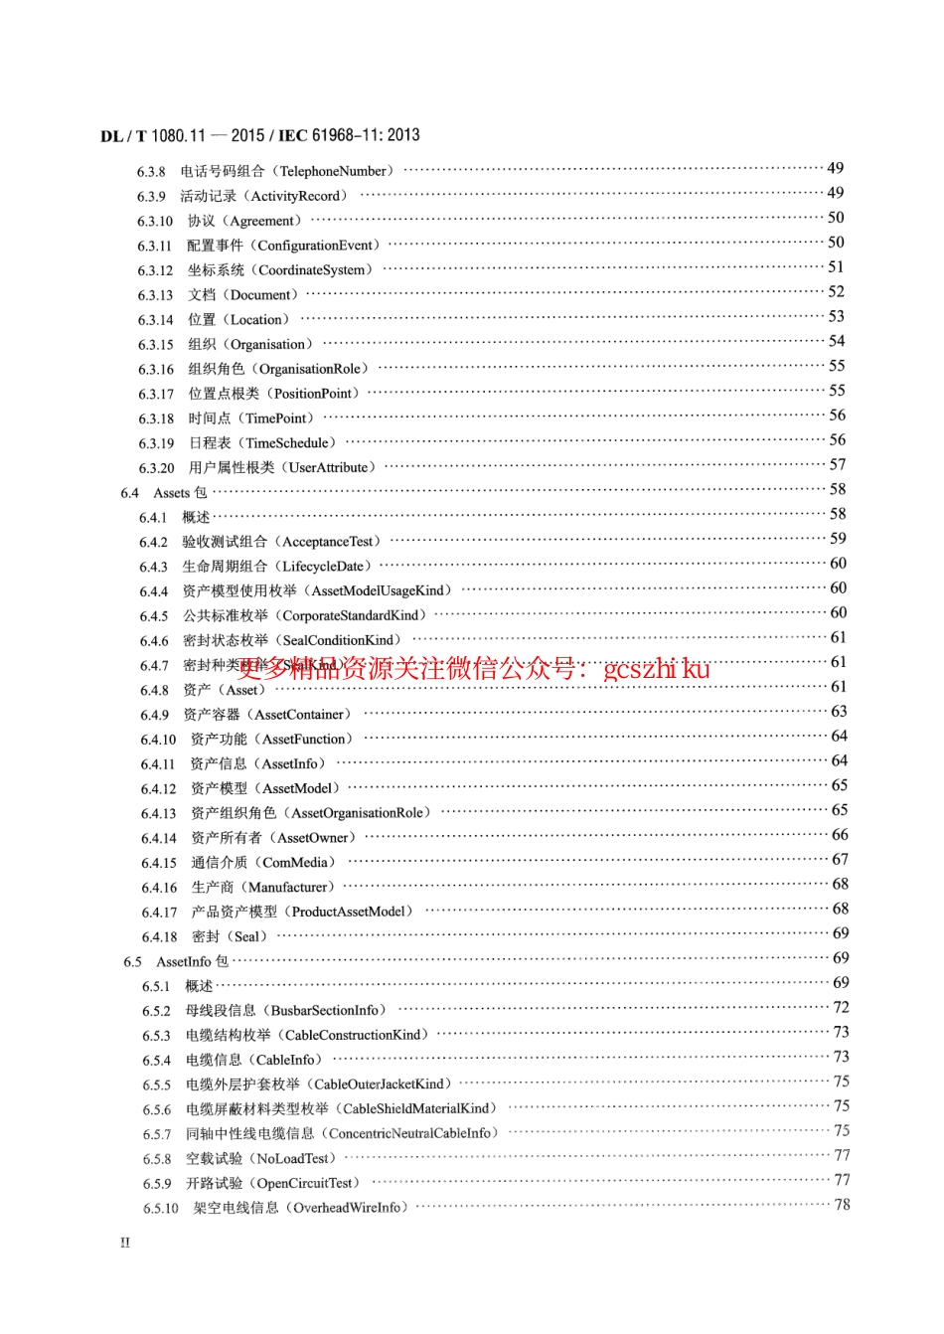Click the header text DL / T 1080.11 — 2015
point(183,135)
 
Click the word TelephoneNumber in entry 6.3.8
point(336,171)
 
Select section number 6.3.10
point(155,221)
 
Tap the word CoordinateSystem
point(315,269)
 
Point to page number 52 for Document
point(836,291)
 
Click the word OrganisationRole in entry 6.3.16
point(310,369)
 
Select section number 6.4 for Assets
point(130,492)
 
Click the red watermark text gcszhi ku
point(657,668)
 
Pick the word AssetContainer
point(300,714)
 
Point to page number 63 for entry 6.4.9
point(839,711)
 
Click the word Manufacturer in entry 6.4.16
point(288,887)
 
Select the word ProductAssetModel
point(349,911)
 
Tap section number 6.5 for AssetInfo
point(133,961)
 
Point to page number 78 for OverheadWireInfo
point(842,1204)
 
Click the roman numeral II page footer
point(125,1243)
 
